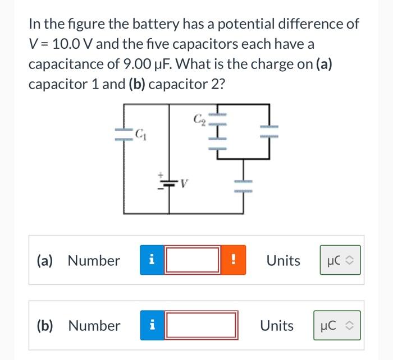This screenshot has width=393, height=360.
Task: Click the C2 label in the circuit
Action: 199,118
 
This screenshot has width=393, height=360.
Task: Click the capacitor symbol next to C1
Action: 124,135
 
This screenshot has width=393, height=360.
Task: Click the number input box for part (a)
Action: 192,261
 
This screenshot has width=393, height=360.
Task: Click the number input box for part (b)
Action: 200,326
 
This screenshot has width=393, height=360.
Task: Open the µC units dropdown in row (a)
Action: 340,261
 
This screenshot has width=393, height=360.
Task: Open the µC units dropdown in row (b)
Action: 337,326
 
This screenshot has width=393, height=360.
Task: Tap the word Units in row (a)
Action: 283,261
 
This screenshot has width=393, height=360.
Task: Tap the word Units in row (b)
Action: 277,326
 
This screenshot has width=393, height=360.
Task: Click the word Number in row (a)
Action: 93,261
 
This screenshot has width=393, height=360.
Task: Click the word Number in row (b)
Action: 94,326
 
